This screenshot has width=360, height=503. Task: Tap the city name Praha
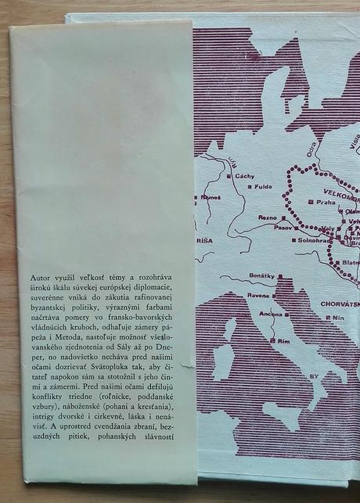[326, 202]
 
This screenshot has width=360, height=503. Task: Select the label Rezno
[268, 217]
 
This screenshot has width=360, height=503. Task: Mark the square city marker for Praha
[312, 202]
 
